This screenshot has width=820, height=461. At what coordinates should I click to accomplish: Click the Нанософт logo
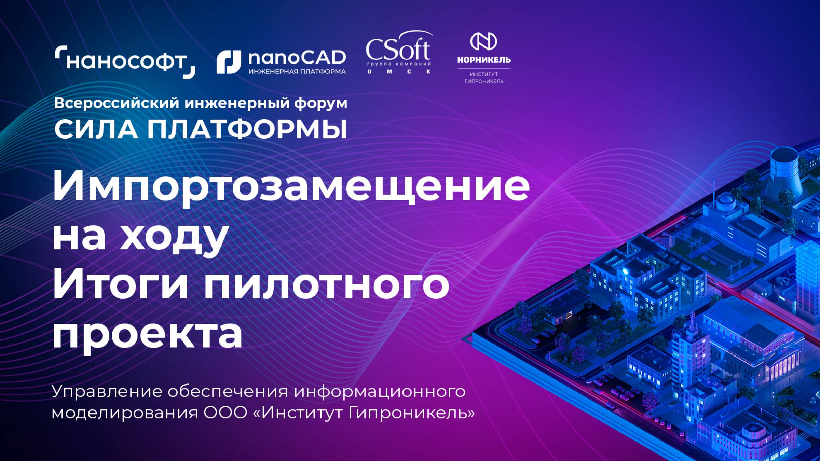125,62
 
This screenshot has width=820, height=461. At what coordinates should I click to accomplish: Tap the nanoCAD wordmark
297,58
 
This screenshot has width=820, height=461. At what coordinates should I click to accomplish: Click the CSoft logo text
398,50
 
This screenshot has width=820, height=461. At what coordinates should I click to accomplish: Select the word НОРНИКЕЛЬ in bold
484,60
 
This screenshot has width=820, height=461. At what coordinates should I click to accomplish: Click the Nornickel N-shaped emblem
483,41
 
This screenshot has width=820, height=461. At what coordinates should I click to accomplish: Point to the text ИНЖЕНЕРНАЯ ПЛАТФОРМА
297,72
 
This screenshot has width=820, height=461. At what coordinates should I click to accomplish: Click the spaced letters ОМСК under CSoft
398,72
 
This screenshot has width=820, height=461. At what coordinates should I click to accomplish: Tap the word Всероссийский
117,103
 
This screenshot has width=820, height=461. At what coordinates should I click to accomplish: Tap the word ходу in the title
174,237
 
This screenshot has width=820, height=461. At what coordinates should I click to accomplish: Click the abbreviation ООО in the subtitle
225,413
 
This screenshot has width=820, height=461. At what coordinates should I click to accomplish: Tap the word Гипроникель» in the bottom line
411,413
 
